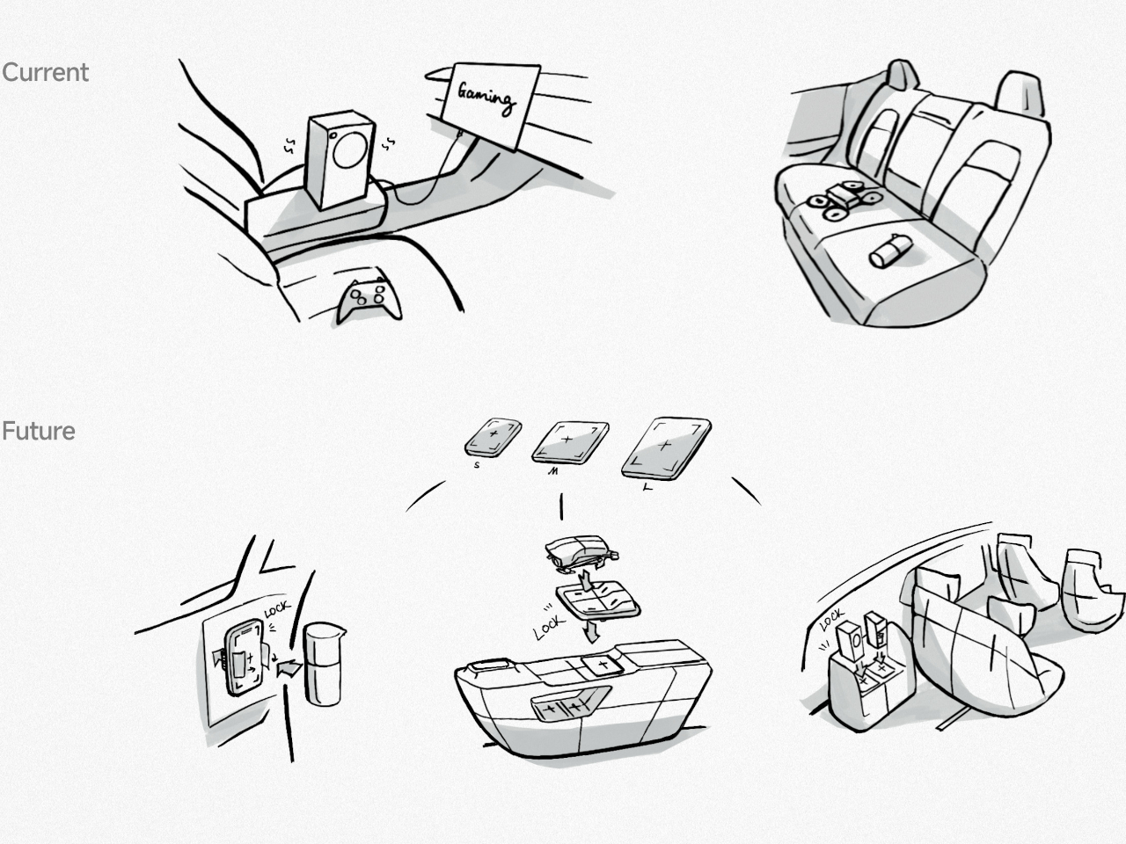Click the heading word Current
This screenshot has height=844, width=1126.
point(45,72)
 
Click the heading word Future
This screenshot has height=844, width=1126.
point(39,431)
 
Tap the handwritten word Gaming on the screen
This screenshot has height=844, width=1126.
point(486,98)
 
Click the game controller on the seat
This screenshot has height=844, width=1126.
point(369,301)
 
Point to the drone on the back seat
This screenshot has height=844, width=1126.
point(843,200)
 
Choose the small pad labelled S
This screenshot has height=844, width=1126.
point(493,437)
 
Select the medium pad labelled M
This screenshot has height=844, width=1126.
point(570,442)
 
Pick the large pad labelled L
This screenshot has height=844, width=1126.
point(666,448)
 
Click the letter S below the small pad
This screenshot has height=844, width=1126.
point(477,465)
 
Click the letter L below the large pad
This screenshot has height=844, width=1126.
point(648,488)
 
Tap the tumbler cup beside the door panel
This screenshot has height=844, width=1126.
point(324,663)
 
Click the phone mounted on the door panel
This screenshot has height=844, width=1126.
point(245,656)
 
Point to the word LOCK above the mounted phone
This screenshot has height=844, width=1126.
point(277,610)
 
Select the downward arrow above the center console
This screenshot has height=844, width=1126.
point(593,632)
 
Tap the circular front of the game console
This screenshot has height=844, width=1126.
point(349,149)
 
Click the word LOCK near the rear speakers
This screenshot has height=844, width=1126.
point(831,620)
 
